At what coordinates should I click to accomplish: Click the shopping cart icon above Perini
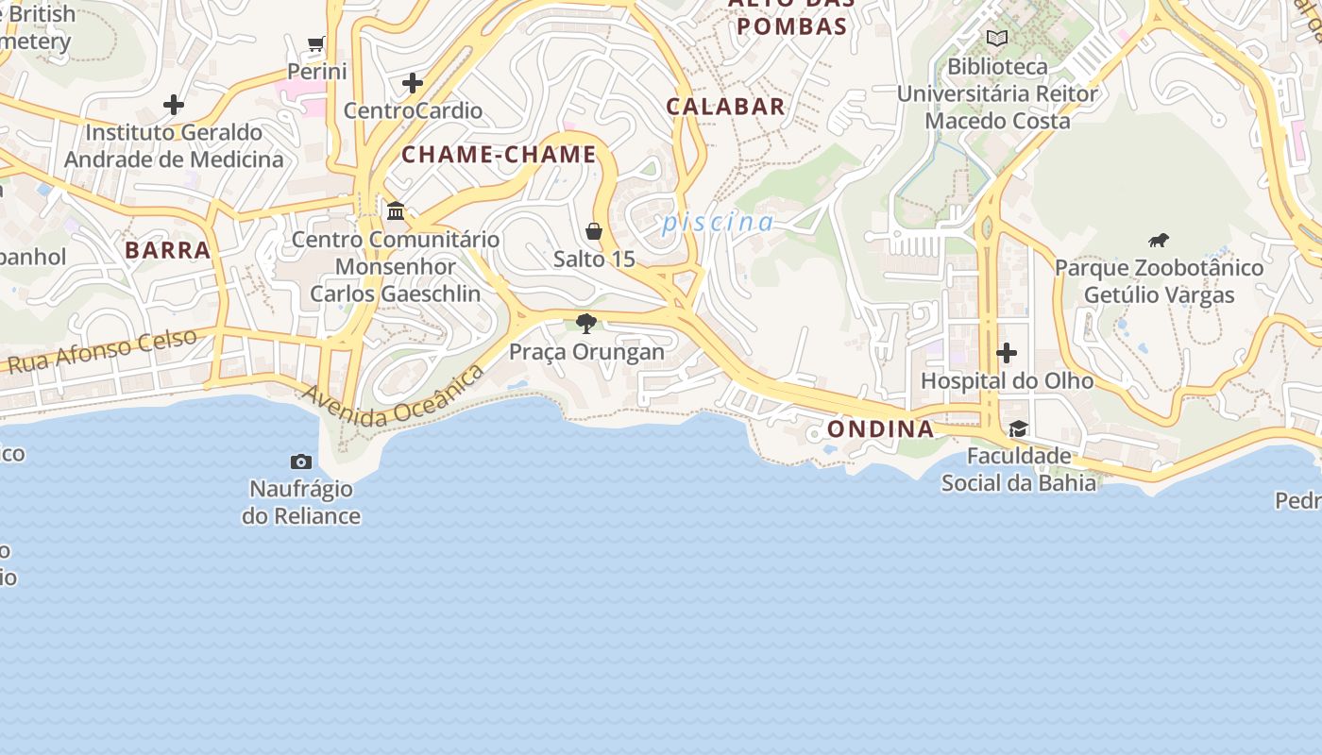pyautogui.click(x=316, y=44)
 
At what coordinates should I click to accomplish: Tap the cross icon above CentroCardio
pyautogui.click(x=413, y=83)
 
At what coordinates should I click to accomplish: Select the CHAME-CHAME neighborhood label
pyautogui.click(x=500, y=154)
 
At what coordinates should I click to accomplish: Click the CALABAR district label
pyautogui.click(x=725, y=107)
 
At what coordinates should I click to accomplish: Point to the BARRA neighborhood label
pyautogui.click(x=167, y=250)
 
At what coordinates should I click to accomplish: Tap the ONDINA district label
pyautogui.click(x=880, y=429)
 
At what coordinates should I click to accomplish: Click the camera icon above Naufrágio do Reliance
pyautogui.click(x=301, y=461)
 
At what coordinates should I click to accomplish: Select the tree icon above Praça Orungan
pyautogui.click(x=586, y=324)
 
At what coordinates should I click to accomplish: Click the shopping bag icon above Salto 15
pyautogui.click(x=594, y=231)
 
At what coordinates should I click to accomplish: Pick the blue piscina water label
pyautogui.click(x=718, y=223)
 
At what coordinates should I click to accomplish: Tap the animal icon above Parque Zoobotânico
pyautogui.click(x=1159, y=240)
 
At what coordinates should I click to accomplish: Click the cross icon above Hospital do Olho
pyautogui.click(x=1007, y=353)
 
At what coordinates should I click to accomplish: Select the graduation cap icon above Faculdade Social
pyautogui.click(x=1018, y=429)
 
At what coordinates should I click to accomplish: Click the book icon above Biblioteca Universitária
pyautogui.click(x=997, y=39)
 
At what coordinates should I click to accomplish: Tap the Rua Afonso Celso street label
pyautogui.click(x=102, y=351)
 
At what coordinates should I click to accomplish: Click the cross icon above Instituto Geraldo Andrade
pyautogui.click(x=174, y=104)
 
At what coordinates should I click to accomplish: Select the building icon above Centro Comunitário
pyautogui.click(x=396, y=210)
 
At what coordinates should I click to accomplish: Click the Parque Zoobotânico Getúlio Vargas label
pyautogui.click(x=1159, y=281)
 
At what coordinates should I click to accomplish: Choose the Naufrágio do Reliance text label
pyautogui.click(x=301, y=502)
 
